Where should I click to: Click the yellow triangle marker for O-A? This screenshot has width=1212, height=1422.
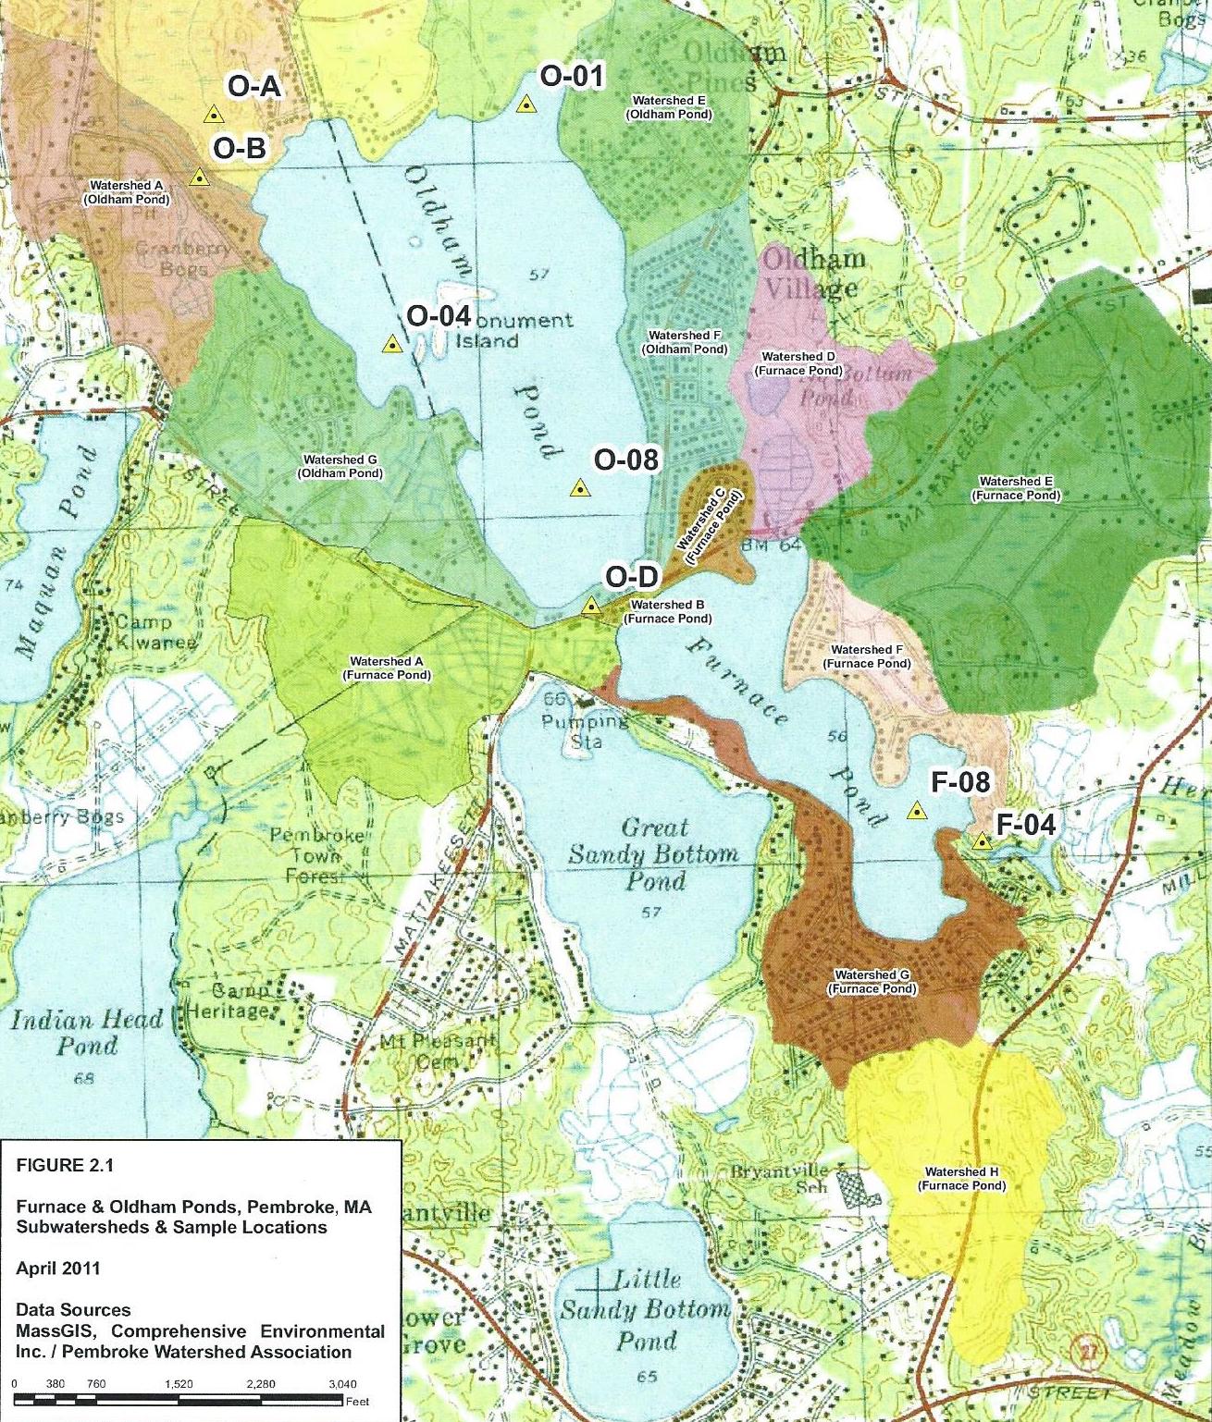(x=214, y=116)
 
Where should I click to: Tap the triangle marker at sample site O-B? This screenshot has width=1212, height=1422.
(x=199, y=177)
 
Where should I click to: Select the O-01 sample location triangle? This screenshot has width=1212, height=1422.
(x=526, y=104)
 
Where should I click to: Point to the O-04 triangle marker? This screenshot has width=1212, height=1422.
(x=392, y=346)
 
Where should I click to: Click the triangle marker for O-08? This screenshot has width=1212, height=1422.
(x=580, y=488)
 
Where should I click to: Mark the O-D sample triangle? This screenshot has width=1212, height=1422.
(x=590, y=607)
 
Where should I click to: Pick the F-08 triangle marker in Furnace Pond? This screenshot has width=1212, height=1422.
(x=916, y=813)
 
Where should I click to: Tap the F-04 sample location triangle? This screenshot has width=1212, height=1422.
(x=982, y=841)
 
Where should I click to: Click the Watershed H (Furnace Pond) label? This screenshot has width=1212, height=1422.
(x=961, y=1179)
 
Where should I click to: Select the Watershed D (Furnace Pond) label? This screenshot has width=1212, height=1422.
(x=798, y=363)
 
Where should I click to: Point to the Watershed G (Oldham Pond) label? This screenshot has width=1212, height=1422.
(x=340, y=466)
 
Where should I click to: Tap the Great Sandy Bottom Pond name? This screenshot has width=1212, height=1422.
(x=653, y=853)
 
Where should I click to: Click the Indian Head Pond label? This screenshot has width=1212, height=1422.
(x=87, y=1033)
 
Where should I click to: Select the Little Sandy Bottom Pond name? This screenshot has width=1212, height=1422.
(x=647, y=1310)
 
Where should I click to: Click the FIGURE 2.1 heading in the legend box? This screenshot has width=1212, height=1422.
(x=65, y=1165)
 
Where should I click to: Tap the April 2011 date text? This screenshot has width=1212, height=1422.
(x=57, y=1268)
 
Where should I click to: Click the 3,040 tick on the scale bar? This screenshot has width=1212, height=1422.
(x=341, y=1384)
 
